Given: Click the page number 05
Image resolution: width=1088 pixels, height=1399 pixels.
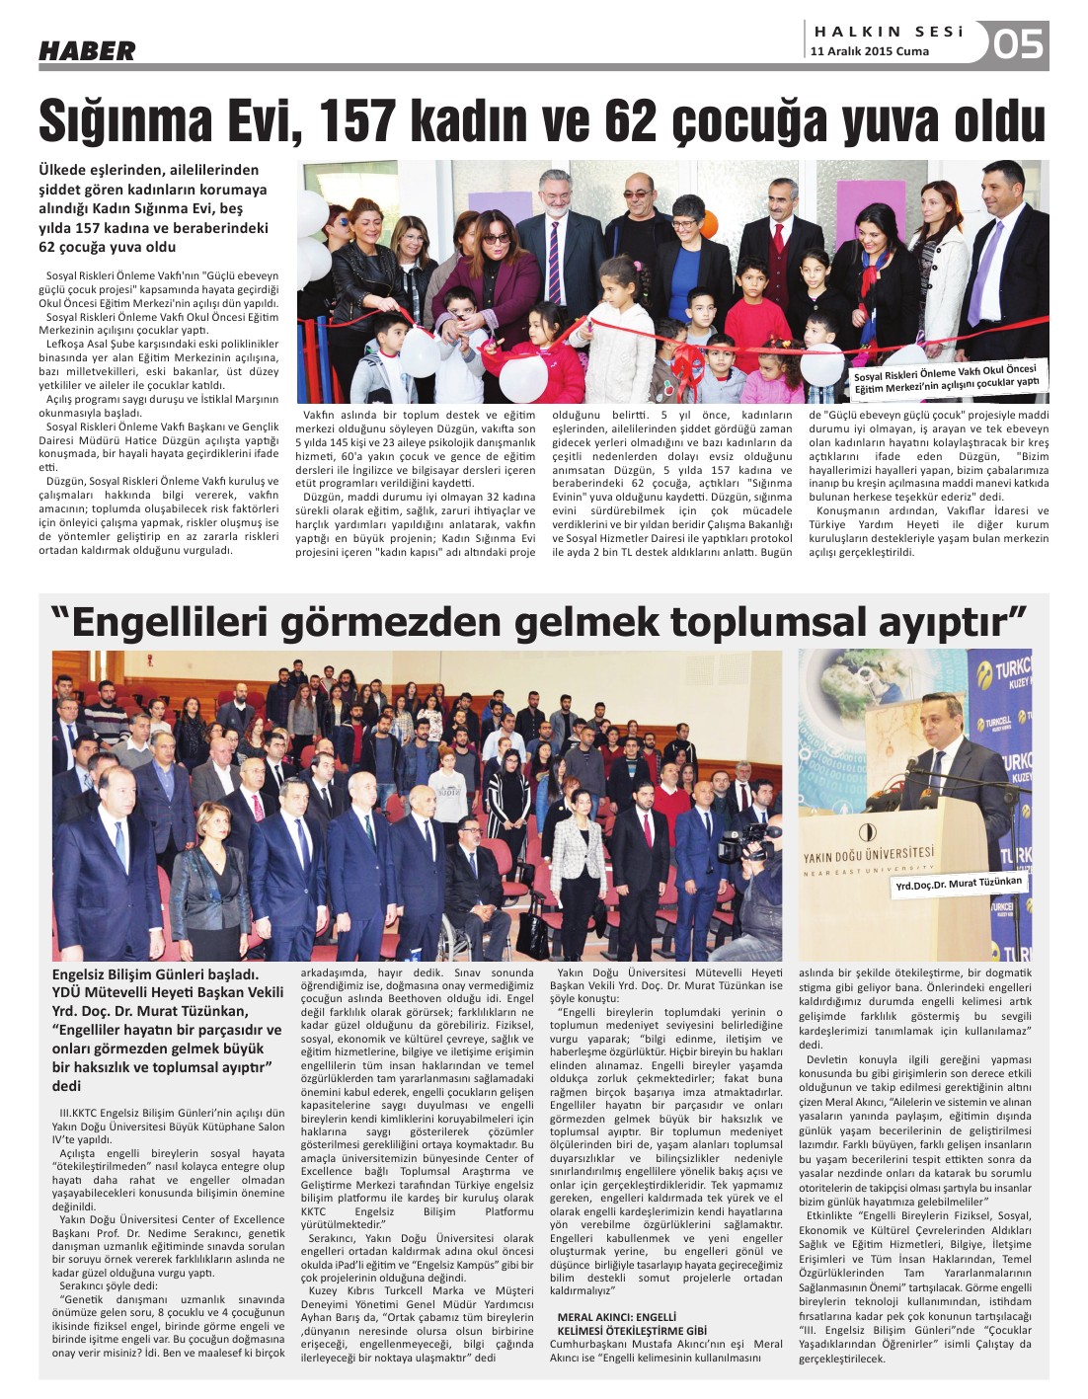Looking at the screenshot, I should click(x=1017, y=44).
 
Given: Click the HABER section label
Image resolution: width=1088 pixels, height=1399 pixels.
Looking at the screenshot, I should click(x=87, y=50).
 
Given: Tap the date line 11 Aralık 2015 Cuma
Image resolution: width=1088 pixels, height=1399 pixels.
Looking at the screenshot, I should click(x=870, y=51).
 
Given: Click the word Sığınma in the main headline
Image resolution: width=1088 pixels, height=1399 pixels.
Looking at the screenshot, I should click(x=126, y=121).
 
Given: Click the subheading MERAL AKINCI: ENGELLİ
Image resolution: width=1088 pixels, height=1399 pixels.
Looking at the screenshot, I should click(x=617, y=1317).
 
